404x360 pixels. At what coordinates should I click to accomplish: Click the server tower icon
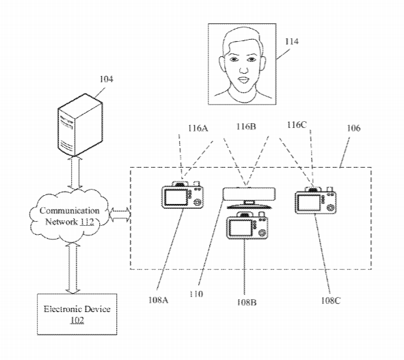pos(80,125)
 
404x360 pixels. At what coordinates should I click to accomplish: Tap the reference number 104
pos(106,79)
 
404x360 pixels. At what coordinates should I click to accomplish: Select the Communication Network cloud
pos(69,216)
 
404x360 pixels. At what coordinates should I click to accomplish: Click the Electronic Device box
pos(77,314)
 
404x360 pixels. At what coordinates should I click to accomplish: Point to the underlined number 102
pos(77,320)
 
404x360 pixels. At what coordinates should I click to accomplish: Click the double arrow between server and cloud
pos(75,172)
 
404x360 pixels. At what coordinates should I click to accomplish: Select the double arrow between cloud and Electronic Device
pos(73,268)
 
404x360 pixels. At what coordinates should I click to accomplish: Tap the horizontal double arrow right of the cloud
pos(120,214)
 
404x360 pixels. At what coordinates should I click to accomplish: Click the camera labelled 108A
pos(183,194)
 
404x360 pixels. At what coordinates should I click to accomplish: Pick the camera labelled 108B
pos(247,225)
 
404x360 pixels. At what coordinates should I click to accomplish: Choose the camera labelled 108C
pos(316,200)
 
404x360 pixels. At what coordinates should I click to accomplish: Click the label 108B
pos(247,302)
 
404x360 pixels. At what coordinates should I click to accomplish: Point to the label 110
pos(196,294)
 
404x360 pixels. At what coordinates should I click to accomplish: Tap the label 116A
pos(198,128)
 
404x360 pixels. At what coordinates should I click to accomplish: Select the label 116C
pos(297,125)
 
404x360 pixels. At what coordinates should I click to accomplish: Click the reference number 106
pos(353,128)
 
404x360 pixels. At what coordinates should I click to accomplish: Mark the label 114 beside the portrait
pos(291,42)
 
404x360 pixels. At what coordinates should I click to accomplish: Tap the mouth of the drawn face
pos(243,79)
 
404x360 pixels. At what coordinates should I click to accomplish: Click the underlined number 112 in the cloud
pos(87,222)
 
